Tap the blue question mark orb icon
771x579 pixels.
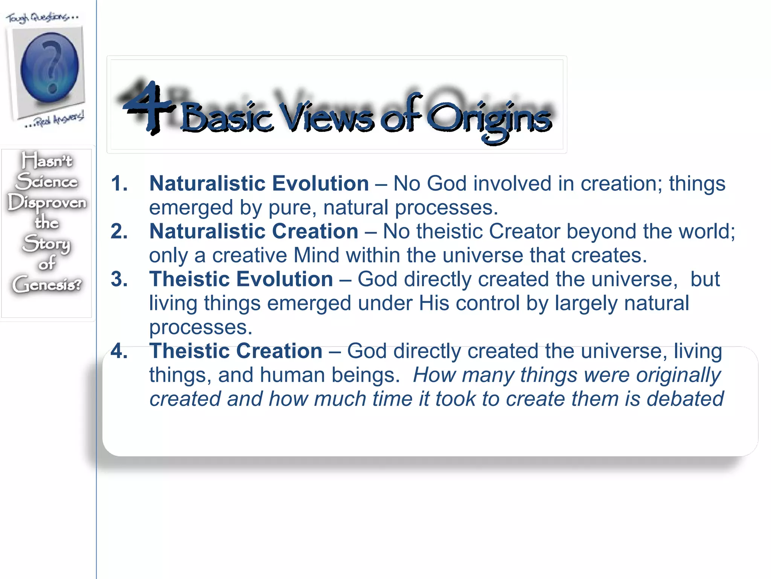tap(50, 67)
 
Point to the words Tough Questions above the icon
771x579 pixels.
tap(41, 17)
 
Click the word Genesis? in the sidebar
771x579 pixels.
tap(47, 284)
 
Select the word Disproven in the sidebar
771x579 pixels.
tap(47, 203)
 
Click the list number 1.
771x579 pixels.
tap(119, 184)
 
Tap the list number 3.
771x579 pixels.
tap(119, 280)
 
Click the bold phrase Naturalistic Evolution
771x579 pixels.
tap(259, 184)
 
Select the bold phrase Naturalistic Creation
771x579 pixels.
tap(254, 231)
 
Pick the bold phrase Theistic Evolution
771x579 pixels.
tap(241, 280)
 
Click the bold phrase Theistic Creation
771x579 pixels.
tap(236, 351)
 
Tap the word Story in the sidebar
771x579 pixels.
tap(47, 244)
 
